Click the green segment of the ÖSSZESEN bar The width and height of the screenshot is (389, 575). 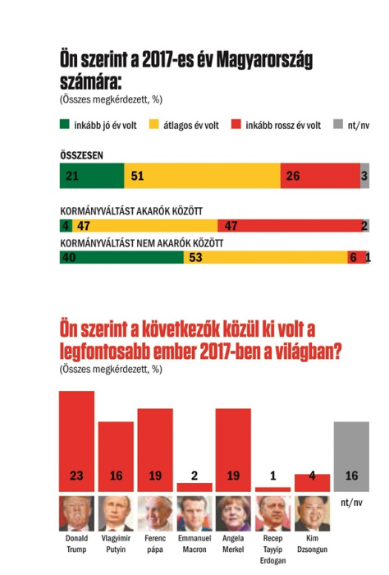[x=92, y=176]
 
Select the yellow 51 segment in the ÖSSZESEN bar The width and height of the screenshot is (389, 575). [x=202, y=176]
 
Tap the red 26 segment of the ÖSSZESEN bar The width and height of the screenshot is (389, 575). [x=320, y=176]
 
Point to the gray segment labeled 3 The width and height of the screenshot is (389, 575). [x=364, y=176]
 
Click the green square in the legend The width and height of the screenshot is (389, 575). [x=65, y=124]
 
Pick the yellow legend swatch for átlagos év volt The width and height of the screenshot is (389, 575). [x=153, y=124]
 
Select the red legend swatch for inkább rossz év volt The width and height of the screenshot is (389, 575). [x=236, y=124]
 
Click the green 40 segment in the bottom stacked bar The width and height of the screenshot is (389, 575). [x=121, y=257]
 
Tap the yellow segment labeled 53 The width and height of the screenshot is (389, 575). [x=266, y=257]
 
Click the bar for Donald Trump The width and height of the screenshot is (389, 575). [x=76, y=441]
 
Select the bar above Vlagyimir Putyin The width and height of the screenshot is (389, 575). [x=116, y=457]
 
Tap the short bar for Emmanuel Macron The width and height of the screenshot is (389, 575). [x=194, y=487]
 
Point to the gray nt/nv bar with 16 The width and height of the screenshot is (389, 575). [x=351, y=457]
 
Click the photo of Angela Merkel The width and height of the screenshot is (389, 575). [x=233, y=513]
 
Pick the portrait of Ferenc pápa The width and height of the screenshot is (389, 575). [x=155, y=513]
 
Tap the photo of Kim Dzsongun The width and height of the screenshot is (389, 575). [x=312, y=513]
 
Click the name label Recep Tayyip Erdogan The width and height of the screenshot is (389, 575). [x=273, y=550]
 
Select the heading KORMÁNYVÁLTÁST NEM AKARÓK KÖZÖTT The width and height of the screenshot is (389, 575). [x=142, y=243]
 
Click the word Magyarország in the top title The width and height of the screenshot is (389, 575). [x=264, y=61]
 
